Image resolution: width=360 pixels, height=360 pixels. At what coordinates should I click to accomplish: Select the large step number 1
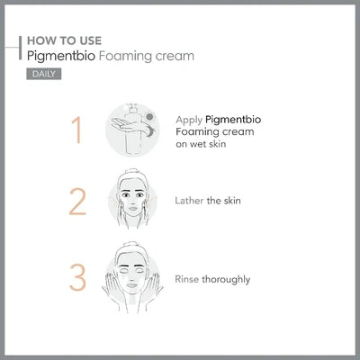pyautogui.click(x=77, y=129)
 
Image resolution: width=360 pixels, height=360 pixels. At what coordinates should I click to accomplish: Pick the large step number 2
pyautogui.click(x=77, y=202)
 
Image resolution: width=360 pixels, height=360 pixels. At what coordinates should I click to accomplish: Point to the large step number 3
pyautogui.click(x=77, y=274)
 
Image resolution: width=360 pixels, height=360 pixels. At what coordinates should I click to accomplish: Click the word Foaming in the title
pyautogui.click(x=124, y=56)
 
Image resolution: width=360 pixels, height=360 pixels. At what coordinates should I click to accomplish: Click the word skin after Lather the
pyautogui.click(x=228, y=200)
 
